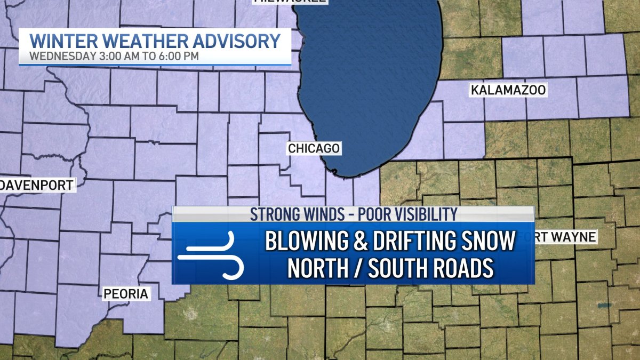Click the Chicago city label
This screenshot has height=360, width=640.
[314, 148]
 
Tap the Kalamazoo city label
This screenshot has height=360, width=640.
[508, 90]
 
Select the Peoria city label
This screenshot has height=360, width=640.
[126, 293]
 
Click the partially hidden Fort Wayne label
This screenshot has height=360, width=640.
[565, 237]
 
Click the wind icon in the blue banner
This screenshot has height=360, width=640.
[211, 255]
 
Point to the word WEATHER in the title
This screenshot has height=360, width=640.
[143, 41]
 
